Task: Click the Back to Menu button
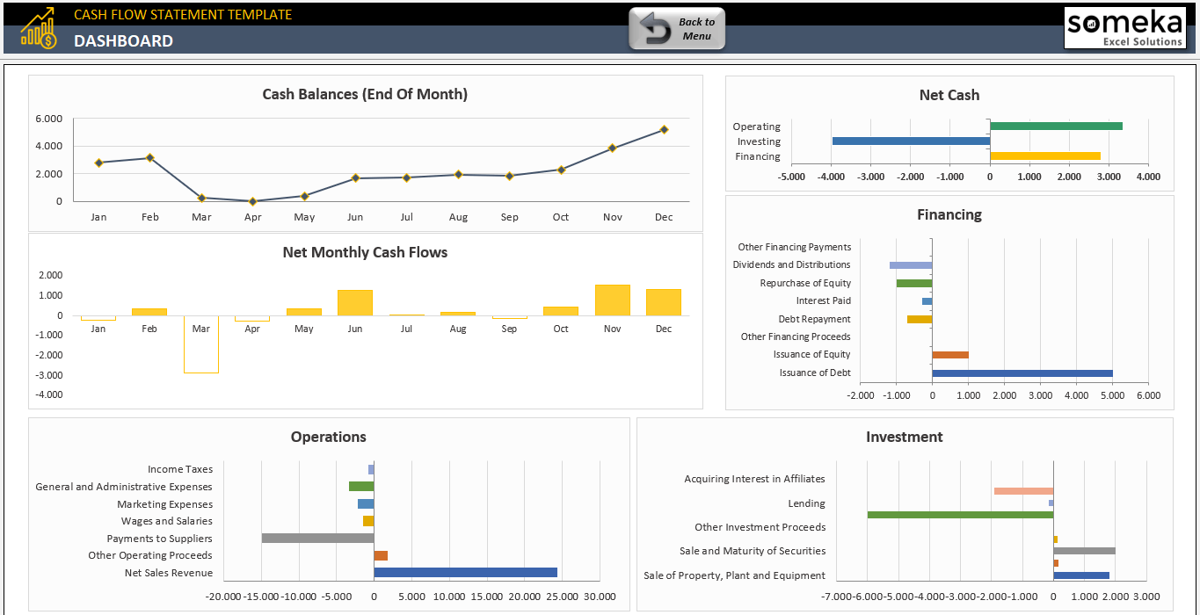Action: coord(677,29)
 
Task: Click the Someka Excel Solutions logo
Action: coord(1124,28)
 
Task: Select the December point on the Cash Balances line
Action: coord(664,129)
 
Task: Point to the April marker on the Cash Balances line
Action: coord(252,201)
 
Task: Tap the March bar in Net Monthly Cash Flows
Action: coord(201,344)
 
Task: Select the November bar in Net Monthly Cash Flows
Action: coord(612,300)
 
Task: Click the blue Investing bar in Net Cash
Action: coord(911,141)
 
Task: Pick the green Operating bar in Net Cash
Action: coord(1056,126)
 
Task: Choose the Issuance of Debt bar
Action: coord(1022,373)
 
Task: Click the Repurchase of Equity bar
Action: coord(914,283)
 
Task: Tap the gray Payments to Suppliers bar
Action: coord(317,538)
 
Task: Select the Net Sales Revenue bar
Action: coord(465,572)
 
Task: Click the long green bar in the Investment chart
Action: coord(960,514)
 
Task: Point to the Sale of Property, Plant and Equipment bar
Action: coord(1081,575)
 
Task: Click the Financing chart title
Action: coord(949,214)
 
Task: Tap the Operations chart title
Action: coord(329,437)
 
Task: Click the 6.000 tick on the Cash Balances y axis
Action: coord(48,119)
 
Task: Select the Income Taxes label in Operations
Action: coord(180,469)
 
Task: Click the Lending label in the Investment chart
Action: coord(806,503)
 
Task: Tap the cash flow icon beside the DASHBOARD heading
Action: coord(39,28)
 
